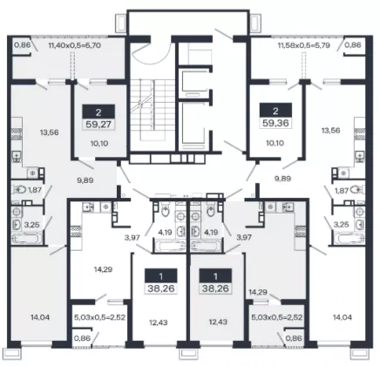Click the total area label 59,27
tap(98, 125)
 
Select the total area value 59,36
tap(275, 123)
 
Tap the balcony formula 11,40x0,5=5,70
tap(75, 45)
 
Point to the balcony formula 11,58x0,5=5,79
tap(303, 45)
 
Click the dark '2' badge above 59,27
tap(98, 112)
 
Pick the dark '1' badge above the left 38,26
tap(161, 275)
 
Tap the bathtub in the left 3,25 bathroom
tap(26, 239)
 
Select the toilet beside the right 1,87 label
tap(356, 190)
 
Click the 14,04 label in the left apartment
tap(40, 317)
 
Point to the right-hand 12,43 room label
tap(218, 322)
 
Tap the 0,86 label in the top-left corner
tap(23, 45)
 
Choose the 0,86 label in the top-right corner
tap(353, 45)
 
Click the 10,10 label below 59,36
tap(275, 143)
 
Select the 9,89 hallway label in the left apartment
tap(85, 180)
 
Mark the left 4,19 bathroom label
tap(165, 233)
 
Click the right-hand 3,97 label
tap(244, 237)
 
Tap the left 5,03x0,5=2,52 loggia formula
tap(99, 317)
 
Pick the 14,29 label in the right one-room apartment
tap(258, 292)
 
